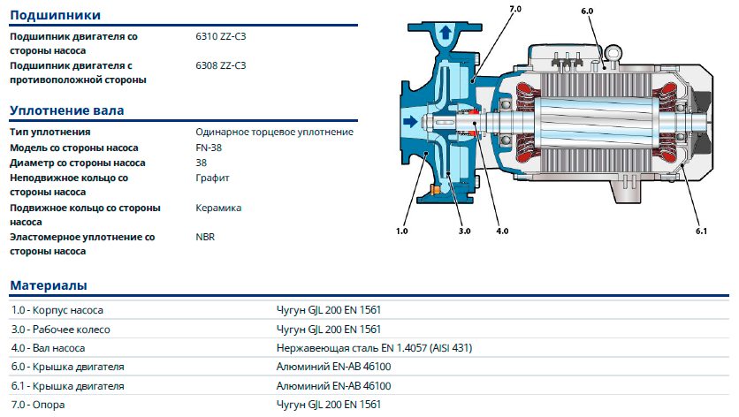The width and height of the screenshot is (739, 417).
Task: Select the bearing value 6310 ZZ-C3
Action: (221, 37)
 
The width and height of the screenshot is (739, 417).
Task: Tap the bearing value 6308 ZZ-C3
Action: (221, 65)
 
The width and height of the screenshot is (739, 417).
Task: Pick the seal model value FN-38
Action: (209, 148)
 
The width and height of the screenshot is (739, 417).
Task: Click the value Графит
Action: (212, 178)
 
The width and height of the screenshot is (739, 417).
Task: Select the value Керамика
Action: (218, 208)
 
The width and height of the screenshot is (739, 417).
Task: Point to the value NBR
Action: (205, 237)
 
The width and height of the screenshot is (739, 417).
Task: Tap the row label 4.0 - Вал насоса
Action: (48, 348)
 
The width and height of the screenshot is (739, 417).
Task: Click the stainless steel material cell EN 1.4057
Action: (374, 348)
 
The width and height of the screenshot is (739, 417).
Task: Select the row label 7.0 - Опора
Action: (38, 405)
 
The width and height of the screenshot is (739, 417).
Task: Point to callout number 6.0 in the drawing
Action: (588, 11)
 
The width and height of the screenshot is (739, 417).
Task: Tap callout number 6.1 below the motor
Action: (701, 231)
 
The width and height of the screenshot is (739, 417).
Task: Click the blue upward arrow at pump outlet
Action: (446, 33)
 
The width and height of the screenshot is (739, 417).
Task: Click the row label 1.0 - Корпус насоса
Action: (57, 310)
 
